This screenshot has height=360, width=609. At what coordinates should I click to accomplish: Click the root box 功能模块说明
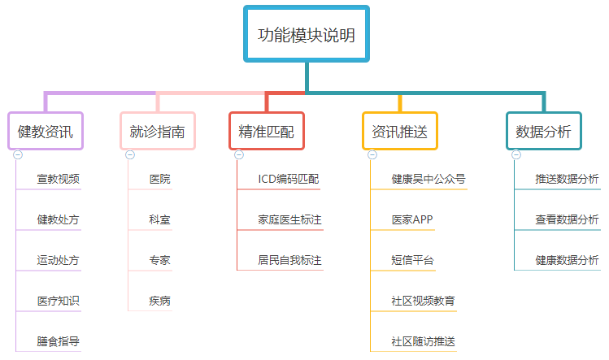[307, 35]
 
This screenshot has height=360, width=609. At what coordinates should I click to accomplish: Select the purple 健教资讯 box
[46, 131]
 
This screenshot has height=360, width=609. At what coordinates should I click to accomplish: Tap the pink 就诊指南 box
[157, 131]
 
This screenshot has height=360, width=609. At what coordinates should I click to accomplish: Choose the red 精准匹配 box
[267, 131]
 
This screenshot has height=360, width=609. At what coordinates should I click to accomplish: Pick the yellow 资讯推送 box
[399, 131]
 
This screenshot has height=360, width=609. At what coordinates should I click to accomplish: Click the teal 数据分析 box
[543, 131]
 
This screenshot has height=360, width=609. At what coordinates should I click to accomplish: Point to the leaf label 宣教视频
[59, 179]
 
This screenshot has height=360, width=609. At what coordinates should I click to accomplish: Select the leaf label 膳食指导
[59, 341]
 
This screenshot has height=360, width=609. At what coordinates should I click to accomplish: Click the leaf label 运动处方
[59, 260]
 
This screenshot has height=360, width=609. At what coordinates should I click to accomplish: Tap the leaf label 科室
[159, 219]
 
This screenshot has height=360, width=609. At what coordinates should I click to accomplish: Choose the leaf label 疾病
[159, 301]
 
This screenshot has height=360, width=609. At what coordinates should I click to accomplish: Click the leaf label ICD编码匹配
[289, 179]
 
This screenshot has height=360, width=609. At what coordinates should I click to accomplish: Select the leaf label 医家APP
[412, 219]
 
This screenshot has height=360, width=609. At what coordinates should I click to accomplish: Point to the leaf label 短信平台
[412, 260]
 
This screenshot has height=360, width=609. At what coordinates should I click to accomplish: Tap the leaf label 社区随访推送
[423, 341]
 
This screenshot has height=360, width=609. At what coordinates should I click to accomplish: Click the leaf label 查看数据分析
[567, 219]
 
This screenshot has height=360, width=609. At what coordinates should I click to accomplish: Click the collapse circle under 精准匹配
[239, 154]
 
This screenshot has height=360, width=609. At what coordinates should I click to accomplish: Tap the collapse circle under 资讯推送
[372, 154]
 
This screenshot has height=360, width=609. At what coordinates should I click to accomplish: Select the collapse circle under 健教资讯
[18, 154]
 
